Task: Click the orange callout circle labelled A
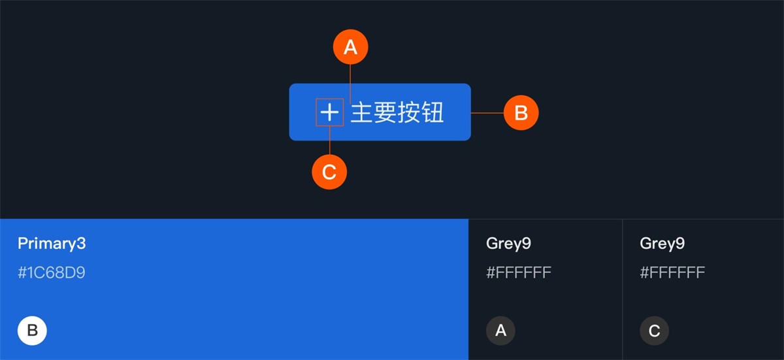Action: [x=351, y=47]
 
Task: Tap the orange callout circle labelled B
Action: [x=521, y=113]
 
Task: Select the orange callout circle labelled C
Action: [x=329, y=172]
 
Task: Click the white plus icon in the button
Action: [x=330, y=113]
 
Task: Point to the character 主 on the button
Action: [x=362, y=113]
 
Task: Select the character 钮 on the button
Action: [x=433, y=113]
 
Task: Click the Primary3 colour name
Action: [x=52, y=244]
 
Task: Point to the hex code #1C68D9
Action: [x=52, y=272]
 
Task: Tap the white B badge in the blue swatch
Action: [x=32, y=331]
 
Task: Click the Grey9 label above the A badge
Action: [x=508, y=244]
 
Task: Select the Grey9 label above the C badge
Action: [x=662, y=244]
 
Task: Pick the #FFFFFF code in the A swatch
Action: [x=519, y=272]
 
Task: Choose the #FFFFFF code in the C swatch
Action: [x=672, y=272]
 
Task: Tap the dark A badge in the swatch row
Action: [x=500, y=331]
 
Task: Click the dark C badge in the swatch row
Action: [x=654, y=331]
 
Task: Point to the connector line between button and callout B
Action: [x=487, y=113]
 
